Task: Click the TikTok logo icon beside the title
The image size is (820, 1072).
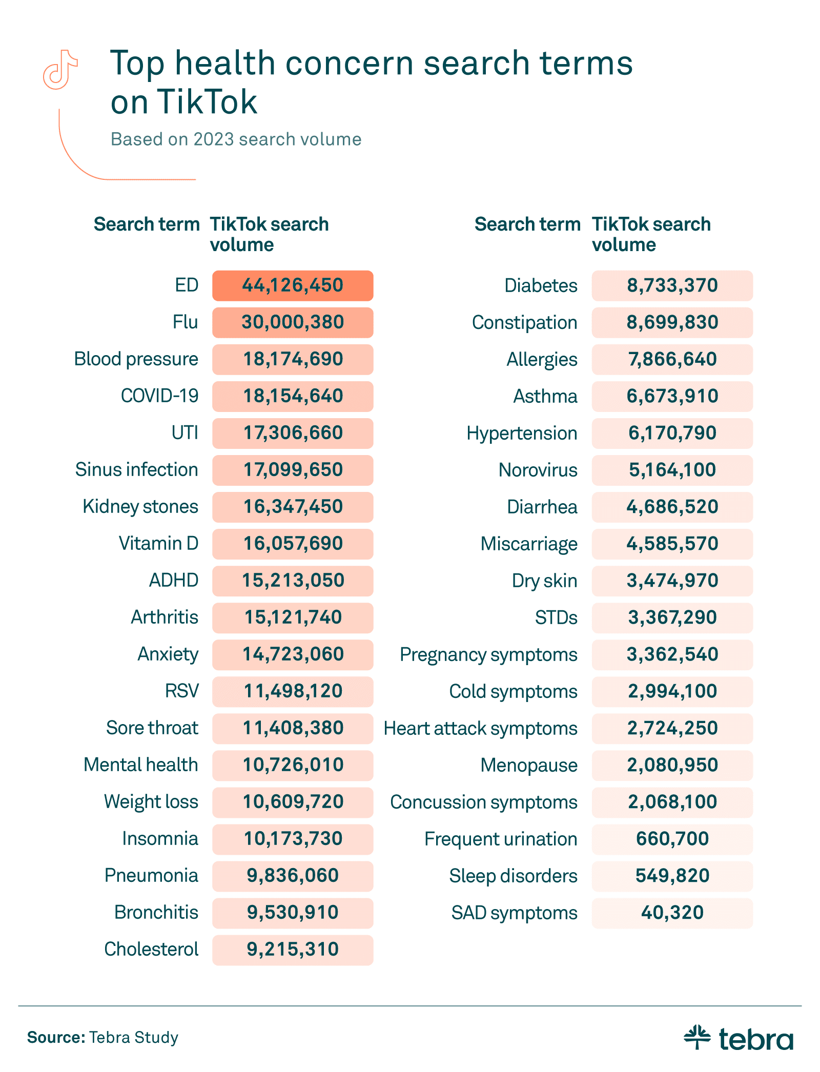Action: click(x=60, y=70)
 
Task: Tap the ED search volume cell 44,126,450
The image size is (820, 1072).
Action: click(x=293, y=285)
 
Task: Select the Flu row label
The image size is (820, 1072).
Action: click(x=185, y=322)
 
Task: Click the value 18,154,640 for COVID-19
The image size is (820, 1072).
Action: click(x=293, y=396)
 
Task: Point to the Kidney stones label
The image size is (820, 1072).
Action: click(x=140, y=507)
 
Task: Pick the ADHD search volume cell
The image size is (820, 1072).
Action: click(x=293, y=581)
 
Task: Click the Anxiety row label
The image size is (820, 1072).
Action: click(x=168, y=654)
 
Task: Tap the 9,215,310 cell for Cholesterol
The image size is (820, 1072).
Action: click(x=293, y=950)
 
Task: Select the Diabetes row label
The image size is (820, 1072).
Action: click(x=541, y=285)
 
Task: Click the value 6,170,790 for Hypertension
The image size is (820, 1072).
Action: click(x=672, y=433)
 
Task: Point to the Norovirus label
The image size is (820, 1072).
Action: click(x=538, y=470)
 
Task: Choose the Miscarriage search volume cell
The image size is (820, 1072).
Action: click(x=672, y=544)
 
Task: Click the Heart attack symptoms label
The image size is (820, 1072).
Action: click(x=480, y=728)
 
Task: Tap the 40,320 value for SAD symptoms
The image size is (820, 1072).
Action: click(x=672, y=913)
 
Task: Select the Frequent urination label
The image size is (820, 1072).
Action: click(x=501, y=839)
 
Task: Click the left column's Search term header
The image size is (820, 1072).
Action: click(x=147, y=224)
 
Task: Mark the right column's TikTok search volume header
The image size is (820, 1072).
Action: click(x=651, y=234)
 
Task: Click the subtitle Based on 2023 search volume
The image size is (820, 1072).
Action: click(x=236, y=139)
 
